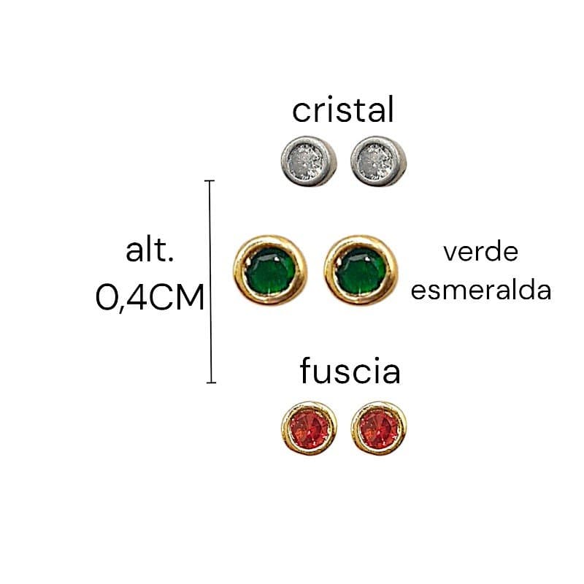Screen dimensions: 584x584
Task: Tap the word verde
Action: tap(481, 252)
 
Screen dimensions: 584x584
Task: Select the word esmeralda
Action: tap(481, 291)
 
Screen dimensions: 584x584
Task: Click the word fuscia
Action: tap(350, 371)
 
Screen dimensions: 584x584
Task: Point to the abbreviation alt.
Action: tap(150, 250)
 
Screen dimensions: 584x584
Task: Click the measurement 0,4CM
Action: tap(150, 297)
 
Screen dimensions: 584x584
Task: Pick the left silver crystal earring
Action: tap(309, 161)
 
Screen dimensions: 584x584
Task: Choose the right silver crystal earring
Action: tap(378, 161)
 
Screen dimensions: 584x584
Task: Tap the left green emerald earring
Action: tap(270, 270)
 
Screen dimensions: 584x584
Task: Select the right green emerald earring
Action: tap(361, 270)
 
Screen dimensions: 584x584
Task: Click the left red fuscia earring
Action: tap(309, 428)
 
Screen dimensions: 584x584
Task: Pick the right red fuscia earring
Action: tap(378, 428)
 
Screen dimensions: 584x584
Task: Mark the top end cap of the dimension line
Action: tap(210, 180)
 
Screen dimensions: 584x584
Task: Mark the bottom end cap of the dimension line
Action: tap(211, 382)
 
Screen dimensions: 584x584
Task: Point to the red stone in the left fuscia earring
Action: tap(309, 429)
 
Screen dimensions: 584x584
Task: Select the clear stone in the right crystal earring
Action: tap(377, 161)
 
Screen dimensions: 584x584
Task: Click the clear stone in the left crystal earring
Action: tap(307, 161)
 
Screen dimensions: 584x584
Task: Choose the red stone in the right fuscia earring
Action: tap(378, 429)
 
